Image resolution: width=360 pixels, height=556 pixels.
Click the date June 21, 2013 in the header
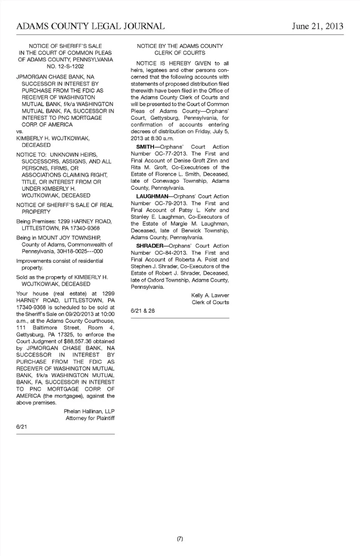pos(317,26)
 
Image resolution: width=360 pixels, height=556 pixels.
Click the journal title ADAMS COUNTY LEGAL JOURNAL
pos(90,26)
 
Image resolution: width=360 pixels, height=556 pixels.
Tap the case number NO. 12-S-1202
pos(65,66)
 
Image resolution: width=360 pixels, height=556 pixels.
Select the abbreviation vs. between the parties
pos(19,132)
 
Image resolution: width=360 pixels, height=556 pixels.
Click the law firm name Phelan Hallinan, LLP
pos(89,411)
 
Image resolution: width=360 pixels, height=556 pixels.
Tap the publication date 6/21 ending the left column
pos(21,427)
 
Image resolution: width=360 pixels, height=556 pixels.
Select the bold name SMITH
pos(145,147)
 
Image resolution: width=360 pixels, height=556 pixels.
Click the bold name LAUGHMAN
pos(152,196)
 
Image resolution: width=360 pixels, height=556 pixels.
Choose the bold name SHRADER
pos(150,246)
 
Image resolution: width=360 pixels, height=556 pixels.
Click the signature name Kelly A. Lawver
pos(210,295)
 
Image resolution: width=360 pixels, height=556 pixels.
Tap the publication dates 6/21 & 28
pos(142,311)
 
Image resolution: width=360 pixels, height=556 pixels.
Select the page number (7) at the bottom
pos(180,539)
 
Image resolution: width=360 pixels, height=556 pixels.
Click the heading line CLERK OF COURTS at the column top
pos(180,53)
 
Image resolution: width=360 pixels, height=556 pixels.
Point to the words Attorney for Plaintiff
pos(90,418)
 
